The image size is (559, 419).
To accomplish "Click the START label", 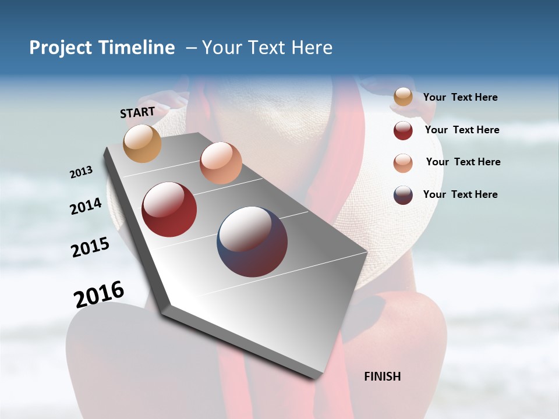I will [x=137, y=112].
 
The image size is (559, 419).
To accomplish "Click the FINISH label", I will [x=382, y=377].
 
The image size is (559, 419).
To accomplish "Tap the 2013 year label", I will [x=82, y=172].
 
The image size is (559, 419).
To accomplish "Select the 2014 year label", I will [x=86, y=206].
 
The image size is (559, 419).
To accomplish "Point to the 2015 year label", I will [x=90, y=247].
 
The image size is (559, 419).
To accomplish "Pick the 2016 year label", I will [x=99, y=294].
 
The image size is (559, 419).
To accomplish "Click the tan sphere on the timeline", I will [x=143, y=143].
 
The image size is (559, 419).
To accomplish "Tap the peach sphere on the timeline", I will [x=221, y=163].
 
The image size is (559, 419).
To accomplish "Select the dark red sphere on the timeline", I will [x=169, y=210].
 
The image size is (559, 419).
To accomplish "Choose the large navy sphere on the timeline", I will [x=252, y=242].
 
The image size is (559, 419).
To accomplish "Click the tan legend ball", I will [x=403, y=97].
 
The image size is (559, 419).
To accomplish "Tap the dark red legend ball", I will [x=403, y=130].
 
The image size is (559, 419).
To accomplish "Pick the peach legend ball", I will [x=403, y=163].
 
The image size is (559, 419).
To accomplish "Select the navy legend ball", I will [x=403, y=195].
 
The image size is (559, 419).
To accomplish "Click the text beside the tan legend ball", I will [x=460, y=98].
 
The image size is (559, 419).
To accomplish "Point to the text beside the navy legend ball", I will [x=460, y=194].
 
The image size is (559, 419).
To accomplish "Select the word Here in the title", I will [x=312, y=48].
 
